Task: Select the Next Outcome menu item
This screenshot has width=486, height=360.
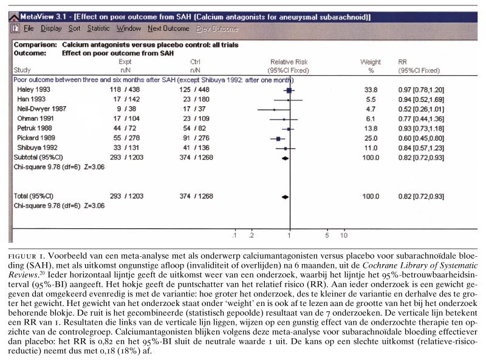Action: click(168, 29)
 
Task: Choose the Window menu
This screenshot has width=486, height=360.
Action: click(128, 29)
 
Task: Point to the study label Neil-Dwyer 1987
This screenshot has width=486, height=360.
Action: click(41, 109)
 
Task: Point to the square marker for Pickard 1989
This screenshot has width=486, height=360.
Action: click(278, 138)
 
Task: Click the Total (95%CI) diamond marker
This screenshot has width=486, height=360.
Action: click(285, 197)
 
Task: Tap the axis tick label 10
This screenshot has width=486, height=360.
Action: click(343, 236)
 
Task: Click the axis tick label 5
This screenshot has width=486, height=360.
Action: click(327, 236)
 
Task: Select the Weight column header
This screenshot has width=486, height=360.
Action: click(370, 62)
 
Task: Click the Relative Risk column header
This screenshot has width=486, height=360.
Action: click(289, 62)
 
